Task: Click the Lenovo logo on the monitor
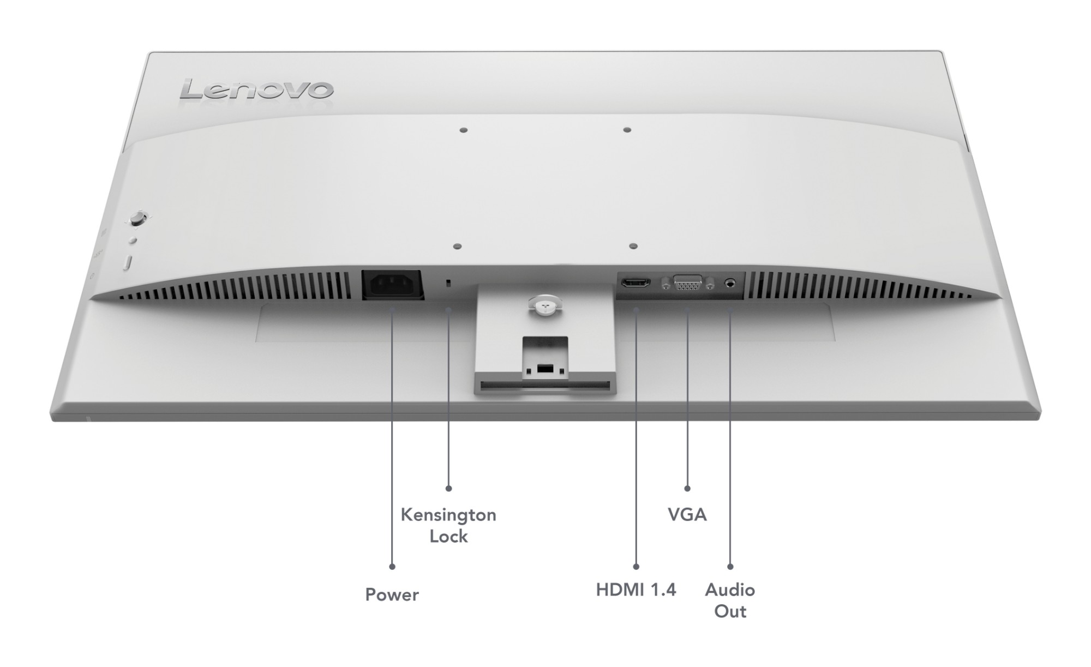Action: [x=256, y=90]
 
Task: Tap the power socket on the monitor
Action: [x=393, y=284]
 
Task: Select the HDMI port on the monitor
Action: [x=636, y=283]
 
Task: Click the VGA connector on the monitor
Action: [x=688, y=283]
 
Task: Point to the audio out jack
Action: [x=730, y=283]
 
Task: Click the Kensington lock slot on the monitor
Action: [x=448, y=284]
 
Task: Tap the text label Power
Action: [x=392, y=594]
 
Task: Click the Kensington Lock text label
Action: [x=448, y=525]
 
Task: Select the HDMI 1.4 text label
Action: [x=636, y=590]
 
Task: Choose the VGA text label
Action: [x=687, y=514]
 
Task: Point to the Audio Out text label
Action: [x=730, y=600]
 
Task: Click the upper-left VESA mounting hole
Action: [x=464, y=130]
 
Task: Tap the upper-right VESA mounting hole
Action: [x=627, y=130]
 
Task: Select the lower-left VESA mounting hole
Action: [x=458, y=247]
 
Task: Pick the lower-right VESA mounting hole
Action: [x=633, y=247]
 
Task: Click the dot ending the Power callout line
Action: [x=392, y=567]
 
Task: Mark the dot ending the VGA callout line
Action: [x=687, y=489]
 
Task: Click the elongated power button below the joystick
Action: [x=128, y=263]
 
